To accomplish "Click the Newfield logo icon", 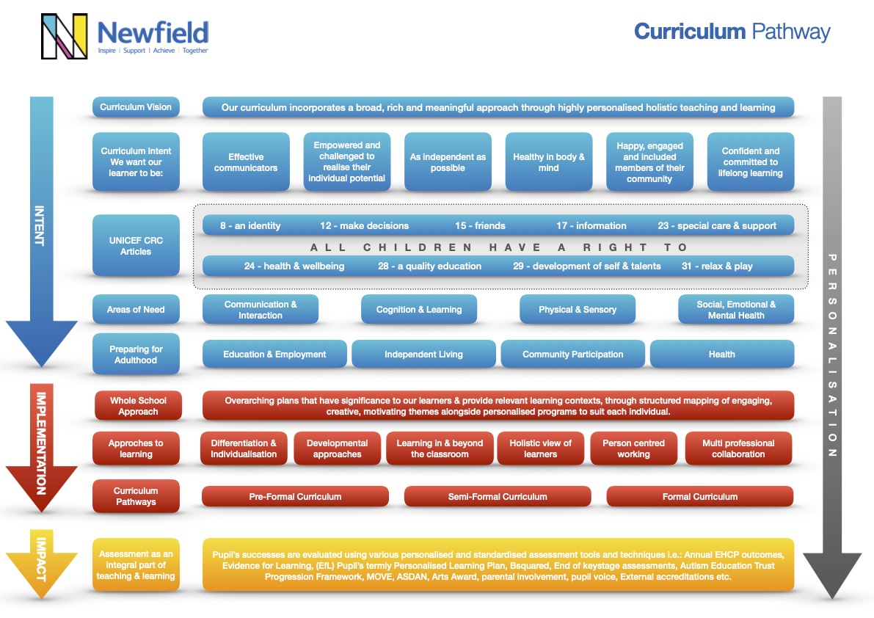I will (x=65, y=36).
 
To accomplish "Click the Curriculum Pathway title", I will (x=732, y=32).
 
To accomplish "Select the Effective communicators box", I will (x=246, y=162).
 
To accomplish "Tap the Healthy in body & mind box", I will (x=549, y=162).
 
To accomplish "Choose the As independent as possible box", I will (x=448, y=162).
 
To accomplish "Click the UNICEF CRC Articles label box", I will (x=136, y=245).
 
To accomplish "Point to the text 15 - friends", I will (x=480, y=225).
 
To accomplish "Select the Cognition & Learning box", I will (x=419, y=310).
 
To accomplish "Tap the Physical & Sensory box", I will (x=578, y=310).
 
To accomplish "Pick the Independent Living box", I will (x=423, y=355).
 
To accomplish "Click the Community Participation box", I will (x=572, y=355).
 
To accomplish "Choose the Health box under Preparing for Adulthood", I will (x=721, y=355).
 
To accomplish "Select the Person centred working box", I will (x=633, y=448).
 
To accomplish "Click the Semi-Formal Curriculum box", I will (x=498, y=497).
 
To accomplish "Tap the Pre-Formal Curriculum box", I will (x=295, y=497).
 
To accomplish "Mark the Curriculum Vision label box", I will (x=136, y=107).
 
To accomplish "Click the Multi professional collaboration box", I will (x=738, y=448).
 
